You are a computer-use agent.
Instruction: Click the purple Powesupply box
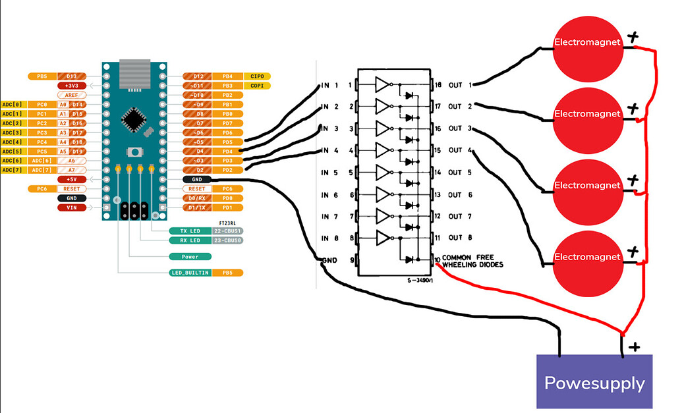594,381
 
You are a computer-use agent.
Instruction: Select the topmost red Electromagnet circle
588,43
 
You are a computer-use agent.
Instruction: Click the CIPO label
258,76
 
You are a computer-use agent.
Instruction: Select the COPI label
258,86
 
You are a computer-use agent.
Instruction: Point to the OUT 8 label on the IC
460,238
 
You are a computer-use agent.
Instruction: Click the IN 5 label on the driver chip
329,173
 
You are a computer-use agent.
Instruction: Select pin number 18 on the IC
438,85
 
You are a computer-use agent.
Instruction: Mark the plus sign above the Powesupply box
634,346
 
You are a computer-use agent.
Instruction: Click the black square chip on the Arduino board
135,119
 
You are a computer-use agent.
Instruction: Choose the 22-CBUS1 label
227,231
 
